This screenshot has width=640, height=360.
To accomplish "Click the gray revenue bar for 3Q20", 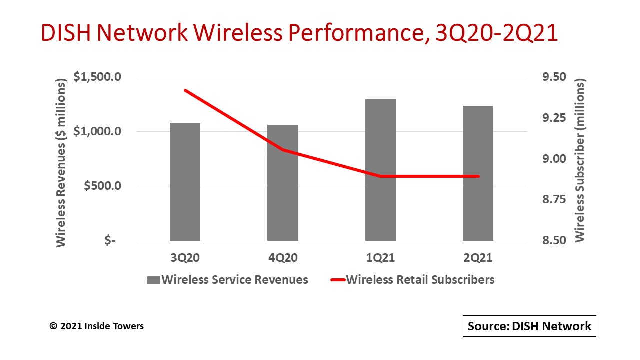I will (x=185, y=182).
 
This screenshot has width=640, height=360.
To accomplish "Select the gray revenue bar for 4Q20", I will (x=283, y=183).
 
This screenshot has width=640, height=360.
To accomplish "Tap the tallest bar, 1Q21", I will (x=380, y=170).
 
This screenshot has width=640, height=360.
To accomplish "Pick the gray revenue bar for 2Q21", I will (x=478, y=173).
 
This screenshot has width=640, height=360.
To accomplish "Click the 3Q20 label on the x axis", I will (x=185, y=258).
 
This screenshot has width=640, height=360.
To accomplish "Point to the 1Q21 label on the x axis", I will (x=380, y=258).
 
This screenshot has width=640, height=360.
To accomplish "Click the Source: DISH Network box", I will (x=529, y=326).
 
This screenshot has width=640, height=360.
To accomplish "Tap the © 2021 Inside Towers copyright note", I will (x=96, y=326).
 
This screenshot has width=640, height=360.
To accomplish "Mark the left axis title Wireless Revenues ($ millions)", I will (x=61, y=162).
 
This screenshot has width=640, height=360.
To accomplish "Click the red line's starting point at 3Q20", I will (x=185, y=90).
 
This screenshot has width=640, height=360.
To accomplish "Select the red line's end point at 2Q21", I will (x=478, y=176).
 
